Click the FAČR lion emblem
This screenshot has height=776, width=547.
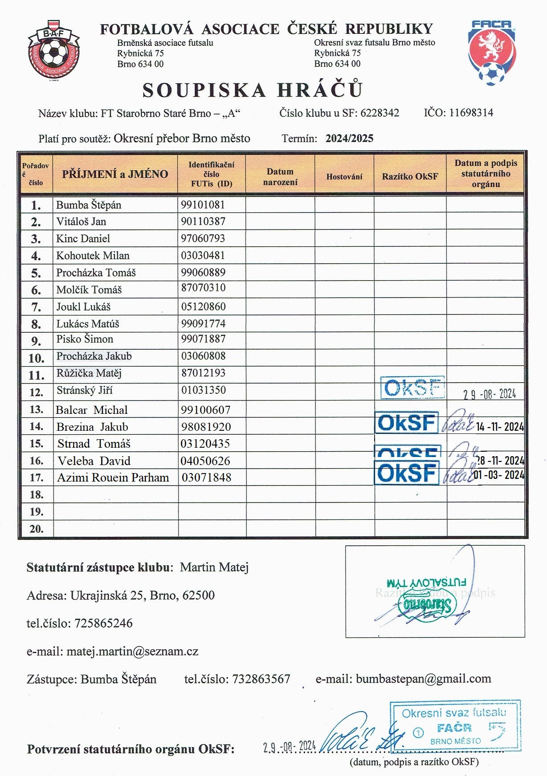tap(492, 53)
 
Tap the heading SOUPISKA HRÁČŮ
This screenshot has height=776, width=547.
tap(253, 90)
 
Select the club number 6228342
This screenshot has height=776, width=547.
tap(380, 113)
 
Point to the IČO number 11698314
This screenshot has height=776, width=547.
tap(471, 112)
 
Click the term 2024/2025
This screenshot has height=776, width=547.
tap(349, 138)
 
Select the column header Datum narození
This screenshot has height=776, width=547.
tap(280, 177)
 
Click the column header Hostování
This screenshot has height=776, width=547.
tap(344, 177)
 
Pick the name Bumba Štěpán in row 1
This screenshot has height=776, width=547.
tap(89, 205)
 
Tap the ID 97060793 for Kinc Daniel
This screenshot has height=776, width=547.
tap(203, 238)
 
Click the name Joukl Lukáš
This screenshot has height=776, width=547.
tap(83, 306)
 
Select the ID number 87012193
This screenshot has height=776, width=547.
tap(203, 373)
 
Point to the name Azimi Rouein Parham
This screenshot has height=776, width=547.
tap(113, 478)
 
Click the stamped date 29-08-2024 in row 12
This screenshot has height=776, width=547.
tap(489, 394)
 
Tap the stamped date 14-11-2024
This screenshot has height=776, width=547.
tap(499, 427)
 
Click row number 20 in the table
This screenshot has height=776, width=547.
tap(37, 529)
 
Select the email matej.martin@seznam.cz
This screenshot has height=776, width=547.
tap(132, 651)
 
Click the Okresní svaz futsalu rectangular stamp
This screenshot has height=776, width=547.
tap(455, 727)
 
